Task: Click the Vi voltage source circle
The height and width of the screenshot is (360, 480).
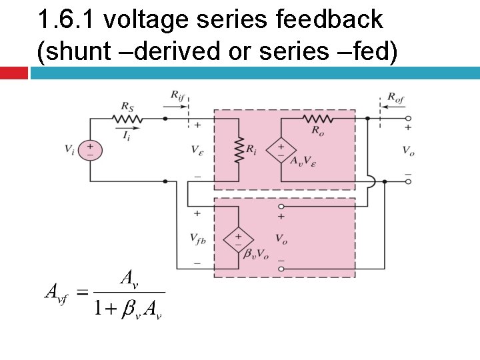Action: click(x=90, y=150)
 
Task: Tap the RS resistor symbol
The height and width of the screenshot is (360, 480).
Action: click(x=127, y=119)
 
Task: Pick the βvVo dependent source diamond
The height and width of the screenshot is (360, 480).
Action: click(x=238, y=238)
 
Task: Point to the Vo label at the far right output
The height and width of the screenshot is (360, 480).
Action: click(x=408, y=151)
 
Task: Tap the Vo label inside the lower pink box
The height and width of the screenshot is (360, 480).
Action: click(x=281, y=238)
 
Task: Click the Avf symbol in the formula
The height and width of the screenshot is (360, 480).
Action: click(x=56, y=292)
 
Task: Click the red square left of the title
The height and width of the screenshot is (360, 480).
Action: click(x=13, y=73)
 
